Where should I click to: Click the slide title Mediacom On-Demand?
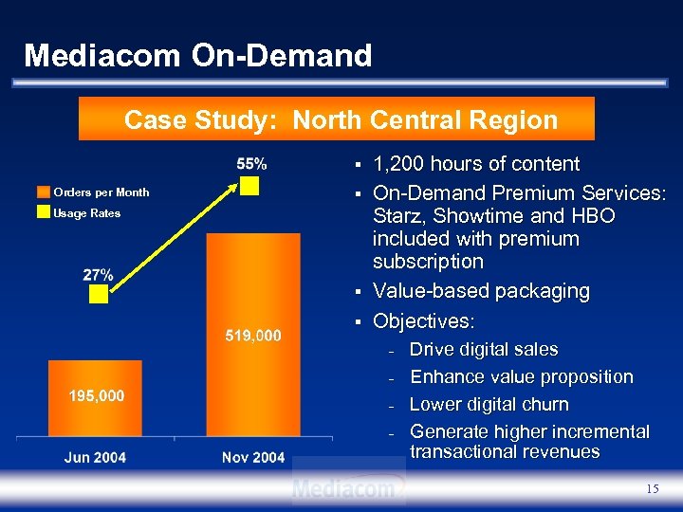click(x=197, y=55)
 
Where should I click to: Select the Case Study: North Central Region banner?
click(x=341, y=120)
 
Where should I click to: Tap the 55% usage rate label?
click(x=251, y=163)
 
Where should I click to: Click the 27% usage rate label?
click(x=98, y=274)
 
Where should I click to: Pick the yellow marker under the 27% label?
click(x=99, y=295)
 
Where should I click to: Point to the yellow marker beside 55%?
click(x=249, y=184)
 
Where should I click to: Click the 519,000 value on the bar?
click(x=253, y=335)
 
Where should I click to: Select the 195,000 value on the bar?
click(x=96, y=394)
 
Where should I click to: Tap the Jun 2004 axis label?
click(x=95, y=457)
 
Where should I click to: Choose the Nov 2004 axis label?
click(x=253, y=457)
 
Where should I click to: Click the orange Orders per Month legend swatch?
click(x=43, y=192)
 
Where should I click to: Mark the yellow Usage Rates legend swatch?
click(x=43, y=212)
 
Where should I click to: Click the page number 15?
click(x=652, y=488)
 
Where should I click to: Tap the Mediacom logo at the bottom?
click(x=348, y=487)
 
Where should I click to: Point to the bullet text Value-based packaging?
click(x=481, y=291)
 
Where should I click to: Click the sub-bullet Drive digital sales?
click(x=483, y=350)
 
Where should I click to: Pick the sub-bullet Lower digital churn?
click(x=489, y=405)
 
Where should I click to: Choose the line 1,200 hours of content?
click(x=476, y=164)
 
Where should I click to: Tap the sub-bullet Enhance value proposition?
click(x=521, y=377)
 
